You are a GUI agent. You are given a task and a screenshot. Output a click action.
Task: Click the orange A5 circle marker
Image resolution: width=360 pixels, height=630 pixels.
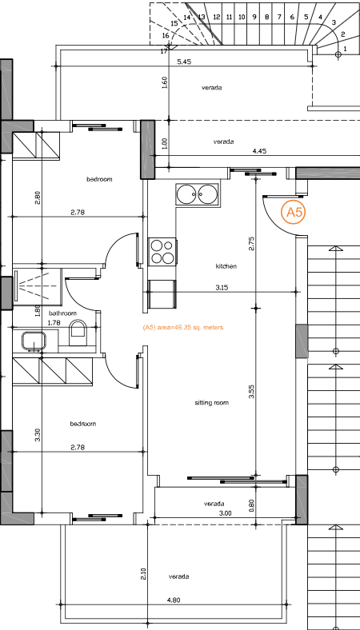[294, 212]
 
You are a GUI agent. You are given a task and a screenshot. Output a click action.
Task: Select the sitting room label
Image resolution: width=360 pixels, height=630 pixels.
[212, 403]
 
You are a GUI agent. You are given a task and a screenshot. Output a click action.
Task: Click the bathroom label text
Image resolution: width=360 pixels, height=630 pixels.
[62, 313]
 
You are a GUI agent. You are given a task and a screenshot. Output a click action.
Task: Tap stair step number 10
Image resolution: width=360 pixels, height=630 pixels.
[242, 16]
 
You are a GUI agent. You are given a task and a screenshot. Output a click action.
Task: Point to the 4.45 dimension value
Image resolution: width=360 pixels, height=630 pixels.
[259, 150]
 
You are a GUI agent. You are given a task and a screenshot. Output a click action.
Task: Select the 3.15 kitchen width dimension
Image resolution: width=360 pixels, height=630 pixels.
[222, 287]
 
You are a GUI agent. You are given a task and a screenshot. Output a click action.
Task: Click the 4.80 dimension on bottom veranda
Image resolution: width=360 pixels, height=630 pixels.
[173, 600]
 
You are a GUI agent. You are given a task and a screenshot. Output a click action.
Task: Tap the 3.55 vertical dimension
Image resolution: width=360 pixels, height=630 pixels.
[251, 392]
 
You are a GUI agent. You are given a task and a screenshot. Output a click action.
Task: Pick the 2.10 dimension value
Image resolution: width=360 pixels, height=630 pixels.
[143, 573]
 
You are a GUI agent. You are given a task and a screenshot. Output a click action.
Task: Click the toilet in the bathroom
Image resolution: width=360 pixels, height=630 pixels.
[78, 333]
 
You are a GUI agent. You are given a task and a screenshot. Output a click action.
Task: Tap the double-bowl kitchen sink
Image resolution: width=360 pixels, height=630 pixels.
[197, 194]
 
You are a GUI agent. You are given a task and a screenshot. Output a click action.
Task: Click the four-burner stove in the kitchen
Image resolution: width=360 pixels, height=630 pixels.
[162, 252]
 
